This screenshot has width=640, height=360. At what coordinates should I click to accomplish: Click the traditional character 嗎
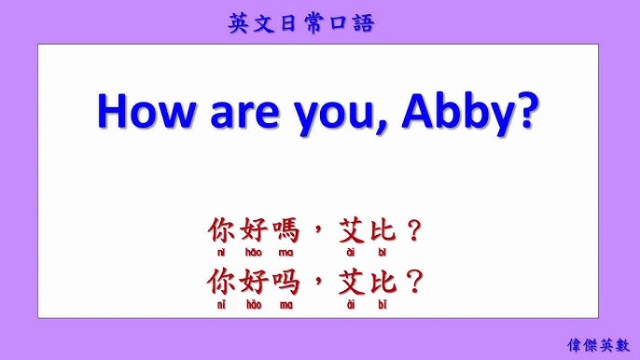tap(285, 231)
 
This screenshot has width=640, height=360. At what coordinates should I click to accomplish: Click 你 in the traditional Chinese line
tap(220, 231)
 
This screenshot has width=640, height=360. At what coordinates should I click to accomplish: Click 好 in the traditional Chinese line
tap(253, 231)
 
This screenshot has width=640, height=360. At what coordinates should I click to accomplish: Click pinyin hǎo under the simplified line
tap(254, 304)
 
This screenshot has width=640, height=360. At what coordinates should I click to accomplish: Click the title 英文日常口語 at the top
tap(300, 23)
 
